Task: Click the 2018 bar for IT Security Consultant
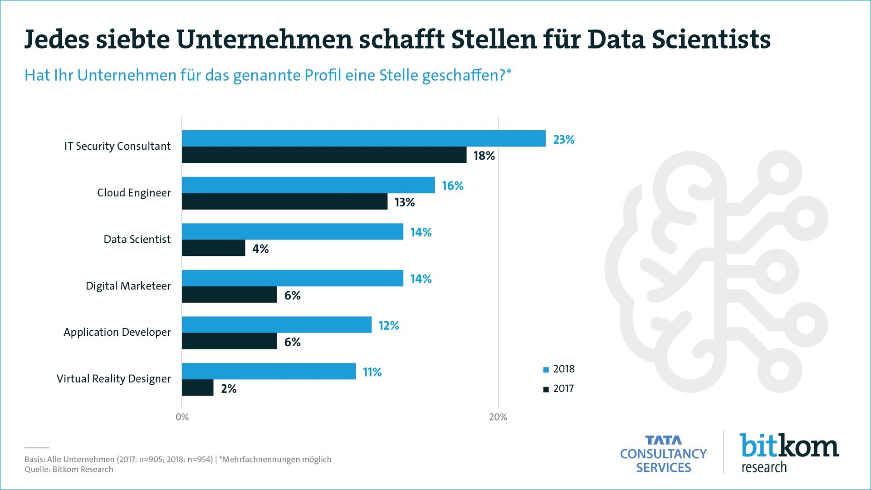click(x=363, y=138)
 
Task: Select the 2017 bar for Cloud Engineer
click(x=284, y=201)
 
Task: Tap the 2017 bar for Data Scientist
click(x=213, y=248)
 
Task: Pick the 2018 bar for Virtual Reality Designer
click(x=269, y=371)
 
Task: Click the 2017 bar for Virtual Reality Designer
click(x=197, y=388)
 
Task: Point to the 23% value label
click(x=563, y=139)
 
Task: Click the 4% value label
click(x=260, y=249)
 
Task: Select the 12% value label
click(x=389, y=325)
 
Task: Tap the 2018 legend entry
click(x=559, y=369)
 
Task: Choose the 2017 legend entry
click(x=559, y=388)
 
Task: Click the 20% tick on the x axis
click(x=498, y=417)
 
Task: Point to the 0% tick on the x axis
click(x=182, y=417)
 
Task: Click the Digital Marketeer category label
click(x=128, y=286)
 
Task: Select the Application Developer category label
click(x=117, y=332)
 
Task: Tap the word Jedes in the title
click(x=57, y=39)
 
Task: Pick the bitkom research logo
click(x=789, y=453)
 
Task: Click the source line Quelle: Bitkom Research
click(x=69, y=470)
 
